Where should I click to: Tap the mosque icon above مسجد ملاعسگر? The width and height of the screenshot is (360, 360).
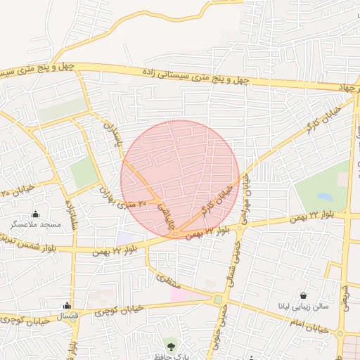pos(36,214)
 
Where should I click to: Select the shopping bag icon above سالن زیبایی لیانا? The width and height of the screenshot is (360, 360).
pos(303,296)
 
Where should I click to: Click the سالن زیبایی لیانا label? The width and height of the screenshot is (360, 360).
pos(302,307)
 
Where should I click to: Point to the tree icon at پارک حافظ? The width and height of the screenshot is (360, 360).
pos(171,345)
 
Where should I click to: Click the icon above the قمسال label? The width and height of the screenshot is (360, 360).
pos(67,306)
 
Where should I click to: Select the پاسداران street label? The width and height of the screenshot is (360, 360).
pos(110,136)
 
